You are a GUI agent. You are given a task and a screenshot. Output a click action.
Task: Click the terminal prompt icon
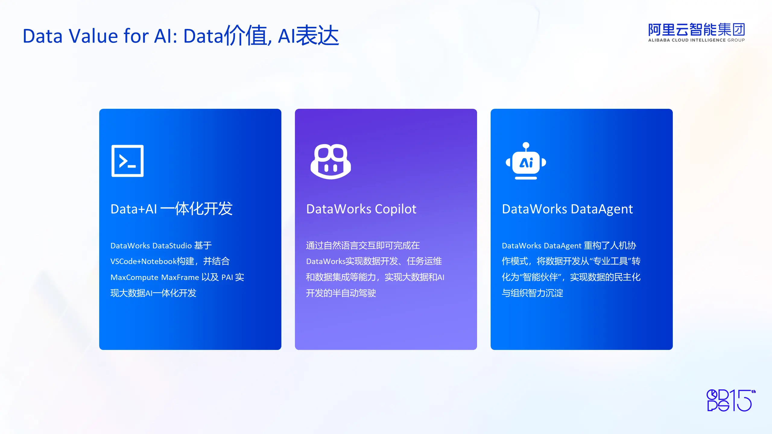[x=128, y=161]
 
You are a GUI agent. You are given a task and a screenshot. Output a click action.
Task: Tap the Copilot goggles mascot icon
[x=331, y=162]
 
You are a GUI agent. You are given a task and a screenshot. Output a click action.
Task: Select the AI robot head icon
[x=526, y=161]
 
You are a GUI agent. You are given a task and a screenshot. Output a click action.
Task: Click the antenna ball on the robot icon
[x=526, y=145]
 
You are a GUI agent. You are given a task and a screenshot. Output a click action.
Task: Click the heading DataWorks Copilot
[x=361, y=209]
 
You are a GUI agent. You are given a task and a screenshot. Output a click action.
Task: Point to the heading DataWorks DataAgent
[x=567, y=209]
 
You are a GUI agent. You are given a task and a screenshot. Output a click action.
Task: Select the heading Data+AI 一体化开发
[x=172, y=209]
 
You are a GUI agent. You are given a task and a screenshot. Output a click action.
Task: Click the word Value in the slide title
[x=93, y=36]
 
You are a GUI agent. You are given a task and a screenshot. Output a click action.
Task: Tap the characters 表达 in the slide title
[x=318, y=36]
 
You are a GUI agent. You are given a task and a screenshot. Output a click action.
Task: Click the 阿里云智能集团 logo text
[x=697, y=30]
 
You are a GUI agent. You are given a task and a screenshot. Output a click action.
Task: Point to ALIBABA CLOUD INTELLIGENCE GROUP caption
[x=697, y=40]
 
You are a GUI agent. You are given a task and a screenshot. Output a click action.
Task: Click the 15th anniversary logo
[x=731, y=400]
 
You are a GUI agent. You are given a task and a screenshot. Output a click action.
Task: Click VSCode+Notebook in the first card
[x=144, y=261]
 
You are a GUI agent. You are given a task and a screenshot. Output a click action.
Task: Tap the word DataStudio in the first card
[x=172, y=246]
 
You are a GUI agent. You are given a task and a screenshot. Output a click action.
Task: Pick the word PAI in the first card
[x=227, y=277]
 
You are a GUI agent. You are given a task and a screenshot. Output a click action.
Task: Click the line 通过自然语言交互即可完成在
[x=363, y=245]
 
